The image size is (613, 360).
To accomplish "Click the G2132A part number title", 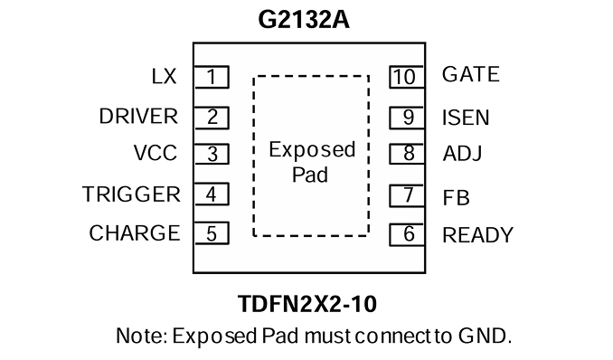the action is pyautogui.click(x=304, y=20).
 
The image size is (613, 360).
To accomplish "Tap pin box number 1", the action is pyautogui.click(x=212, y=77).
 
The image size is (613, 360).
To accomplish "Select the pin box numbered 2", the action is pyautogui.click(x=212, y=118).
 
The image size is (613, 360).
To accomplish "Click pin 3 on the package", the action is pyautogui.click(x=212, y=154).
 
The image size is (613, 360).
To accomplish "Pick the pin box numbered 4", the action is pyautogui.click(x=212, y=194).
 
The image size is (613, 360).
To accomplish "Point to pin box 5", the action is pyautogui.click(x=212, y=233).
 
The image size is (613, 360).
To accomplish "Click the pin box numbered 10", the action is pyautogui.click(x=407, y=77).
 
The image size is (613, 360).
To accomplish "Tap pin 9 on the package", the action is pyautogui.click(x=407, y=118).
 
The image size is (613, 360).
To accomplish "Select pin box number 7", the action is pyautogui.click(x=407, y=195).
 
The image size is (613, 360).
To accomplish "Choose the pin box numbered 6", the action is pyautogui.click(x=407, y=234).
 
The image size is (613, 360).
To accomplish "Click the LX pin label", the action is pyautogui.click(x=165, y=76).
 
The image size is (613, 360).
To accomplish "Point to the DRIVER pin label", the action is pyautogui.click(x=138, y=116).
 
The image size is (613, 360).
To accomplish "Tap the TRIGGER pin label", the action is pyautogui.click(x=131, y=194).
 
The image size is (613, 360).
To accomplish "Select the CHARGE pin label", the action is pyautogui.click(x=135, y=233).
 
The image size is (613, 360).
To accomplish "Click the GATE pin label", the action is pyautogui.click(x=471, y=74).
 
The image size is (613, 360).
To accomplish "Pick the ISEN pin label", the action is pyautogui.click(x=466, y=118).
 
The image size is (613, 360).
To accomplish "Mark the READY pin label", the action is pyautogui.click(x=477, y=235).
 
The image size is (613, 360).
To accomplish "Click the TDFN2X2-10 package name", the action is pyautogui.click(x=307, y=304).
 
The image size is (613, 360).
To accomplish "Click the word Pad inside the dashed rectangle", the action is pyautogui.click(x=310, y=175).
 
